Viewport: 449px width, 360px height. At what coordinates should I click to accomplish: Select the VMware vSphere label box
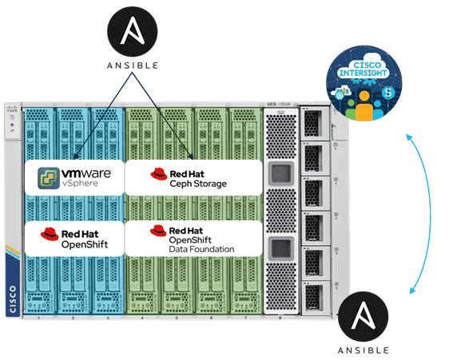(74, 176)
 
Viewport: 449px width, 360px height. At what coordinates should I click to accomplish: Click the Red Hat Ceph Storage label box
(193, 176)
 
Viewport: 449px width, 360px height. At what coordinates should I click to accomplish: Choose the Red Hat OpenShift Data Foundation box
(193, 238)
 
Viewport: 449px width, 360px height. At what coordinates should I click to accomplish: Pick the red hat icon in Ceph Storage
(157, 173)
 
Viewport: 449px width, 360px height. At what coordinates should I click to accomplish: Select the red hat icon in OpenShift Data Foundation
(157, 231)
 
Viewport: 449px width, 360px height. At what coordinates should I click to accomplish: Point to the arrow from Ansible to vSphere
(98, 116)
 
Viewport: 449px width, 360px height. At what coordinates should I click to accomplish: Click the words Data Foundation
(201, 249)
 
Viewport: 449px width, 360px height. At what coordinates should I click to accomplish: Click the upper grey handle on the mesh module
(280, 175)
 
